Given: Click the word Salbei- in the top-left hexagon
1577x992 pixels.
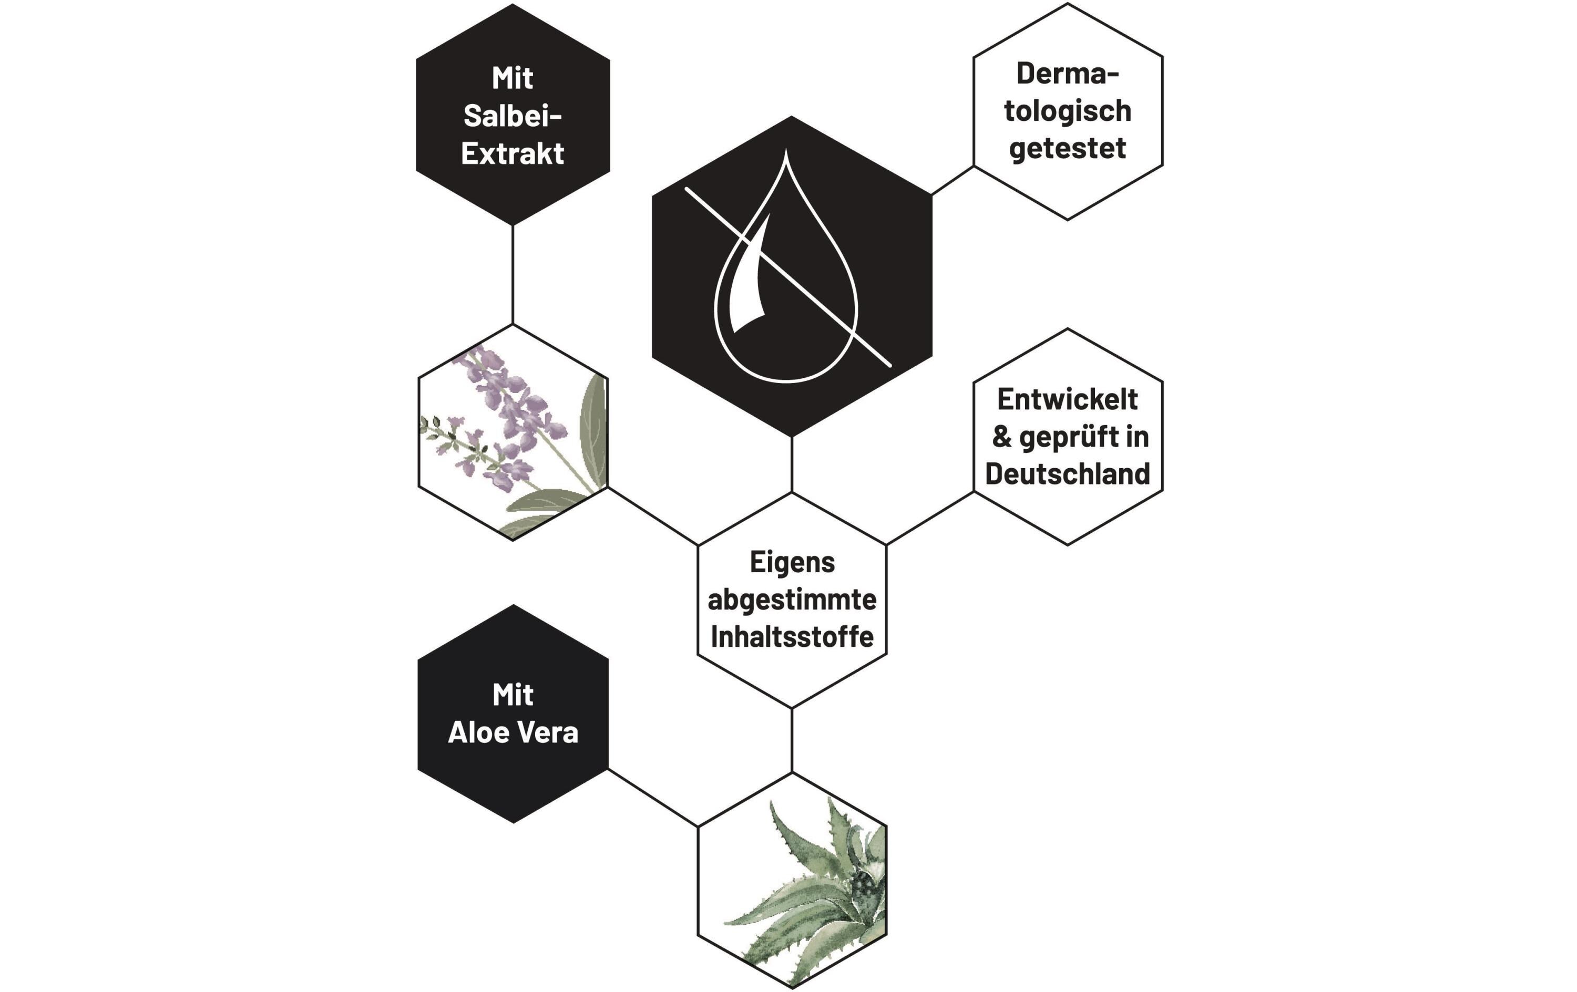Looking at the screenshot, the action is tap(513, 116).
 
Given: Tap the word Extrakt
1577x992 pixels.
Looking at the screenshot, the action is tap(513, 153).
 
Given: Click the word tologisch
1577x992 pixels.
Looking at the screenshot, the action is tap(1068, 111).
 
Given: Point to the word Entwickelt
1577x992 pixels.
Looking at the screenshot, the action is tap(1068, 399).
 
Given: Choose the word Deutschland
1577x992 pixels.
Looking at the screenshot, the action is tap(1068, 473).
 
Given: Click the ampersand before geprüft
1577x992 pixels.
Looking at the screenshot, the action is tap(1002, 437).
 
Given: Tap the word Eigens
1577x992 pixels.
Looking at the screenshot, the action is tap(792, 562).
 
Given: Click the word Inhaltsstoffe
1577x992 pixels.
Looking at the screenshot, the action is tap(792, 636).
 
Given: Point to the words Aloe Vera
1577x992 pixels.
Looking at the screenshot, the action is tap(513, 732).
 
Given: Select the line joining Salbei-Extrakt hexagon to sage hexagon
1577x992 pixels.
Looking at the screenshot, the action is tap(513, 274).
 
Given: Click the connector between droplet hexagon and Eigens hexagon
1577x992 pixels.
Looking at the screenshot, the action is tap(792, 465).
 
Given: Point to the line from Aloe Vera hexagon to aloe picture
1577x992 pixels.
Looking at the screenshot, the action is tap(653, 798).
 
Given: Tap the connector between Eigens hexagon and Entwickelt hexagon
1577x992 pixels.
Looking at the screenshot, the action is tap(930, 518).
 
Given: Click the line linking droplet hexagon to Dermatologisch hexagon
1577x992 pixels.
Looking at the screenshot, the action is tap(952, 181).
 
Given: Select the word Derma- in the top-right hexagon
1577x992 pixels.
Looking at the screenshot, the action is tap(1068, 74).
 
